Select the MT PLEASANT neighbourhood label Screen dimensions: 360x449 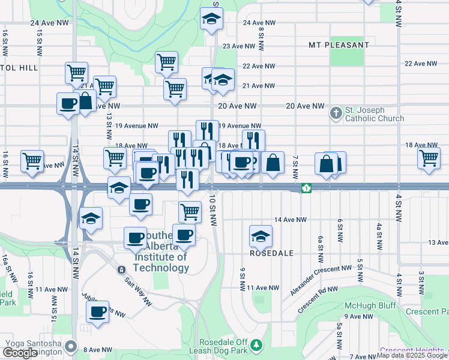pyautogui.click(x=339, y=45)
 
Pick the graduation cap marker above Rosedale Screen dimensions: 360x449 pyautogui.click(x=261, y=236)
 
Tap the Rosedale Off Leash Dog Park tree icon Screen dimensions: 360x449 pyautogui.click(x=256, y=345)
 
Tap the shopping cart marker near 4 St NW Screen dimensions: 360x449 pyautogui.click(x=429, y=159)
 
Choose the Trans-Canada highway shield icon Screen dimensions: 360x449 pyautogui.click(x=306, y=188)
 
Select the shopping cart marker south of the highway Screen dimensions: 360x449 pyautogui.click(x=190, y=211)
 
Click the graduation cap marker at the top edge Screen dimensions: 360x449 pyautogui.click(x=211, y=19)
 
